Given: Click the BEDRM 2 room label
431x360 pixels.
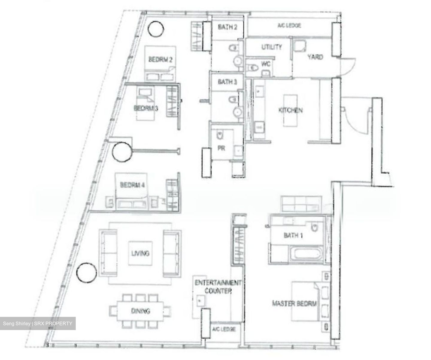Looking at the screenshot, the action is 160,60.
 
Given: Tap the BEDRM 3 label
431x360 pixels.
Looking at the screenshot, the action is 146,108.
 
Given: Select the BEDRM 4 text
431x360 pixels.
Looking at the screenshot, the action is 132,185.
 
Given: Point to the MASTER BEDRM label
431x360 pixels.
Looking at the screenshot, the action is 294,303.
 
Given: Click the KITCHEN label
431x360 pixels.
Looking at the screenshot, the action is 290,110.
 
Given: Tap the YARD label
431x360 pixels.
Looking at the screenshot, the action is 315,57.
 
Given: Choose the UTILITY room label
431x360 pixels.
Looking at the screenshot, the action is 271,47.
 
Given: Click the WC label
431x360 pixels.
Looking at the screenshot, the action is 266,64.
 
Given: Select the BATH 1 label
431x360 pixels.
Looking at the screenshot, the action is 293,235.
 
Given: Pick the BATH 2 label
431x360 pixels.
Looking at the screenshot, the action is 227,27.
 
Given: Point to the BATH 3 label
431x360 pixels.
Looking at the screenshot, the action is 227,82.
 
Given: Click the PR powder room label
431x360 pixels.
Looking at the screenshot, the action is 221,148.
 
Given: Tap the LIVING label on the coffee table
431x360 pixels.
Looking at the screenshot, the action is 140,253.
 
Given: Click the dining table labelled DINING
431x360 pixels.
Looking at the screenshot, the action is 140,311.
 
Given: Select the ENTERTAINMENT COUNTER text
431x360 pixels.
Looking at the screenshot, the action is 218,287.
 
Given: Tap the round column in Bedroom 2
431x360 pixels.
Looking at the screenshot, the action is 156,29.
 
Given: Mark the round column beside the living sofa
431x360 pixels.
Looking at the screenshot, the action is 86,273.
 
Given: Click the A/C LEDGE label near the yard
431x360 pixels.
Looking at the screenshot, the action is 289,25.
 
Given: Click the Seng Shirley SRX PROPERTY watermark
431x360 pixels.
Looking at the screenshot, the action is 38,323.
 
